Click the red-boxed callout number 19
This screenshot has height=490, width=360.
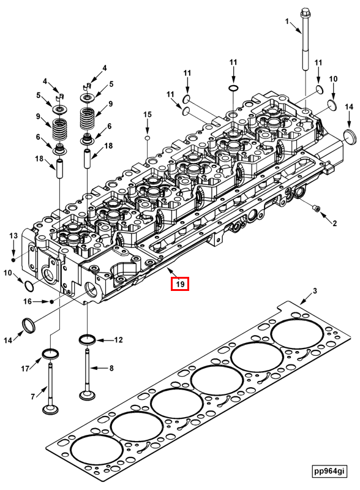(x=180, y=284)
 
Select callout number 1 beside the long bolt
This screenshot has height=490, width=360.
(x=286, y=21)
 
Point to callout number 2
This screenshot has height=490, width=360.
(x=334, y=224)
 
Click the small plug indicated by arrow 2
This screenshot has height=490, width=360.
(x=317, y=209)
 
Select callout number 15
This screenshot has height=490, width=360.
(x=147, y=115)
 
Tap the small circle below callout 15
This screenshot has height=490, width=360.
(x=147, y=139)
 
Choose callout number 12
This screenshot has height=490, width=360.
(x=118, y=339)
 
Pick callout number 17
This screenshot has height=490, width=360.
(x=25, y=368)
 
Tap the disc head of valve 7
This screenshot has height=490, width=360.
(x=50, y=409)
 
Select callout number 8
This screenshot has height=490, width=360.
(x=111, y=368)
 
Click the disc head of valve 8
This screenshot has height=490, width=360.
(x=86, y=393)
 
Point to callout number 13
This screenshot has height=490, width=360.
(x=13, y=236)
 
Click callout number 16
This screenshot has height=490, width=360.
(x=28, y=301)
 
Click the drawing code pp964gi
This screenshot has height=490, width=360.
(x=328, y=471)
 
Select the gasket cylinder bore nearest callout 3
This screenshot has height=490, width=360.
(x=299, y=334)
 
